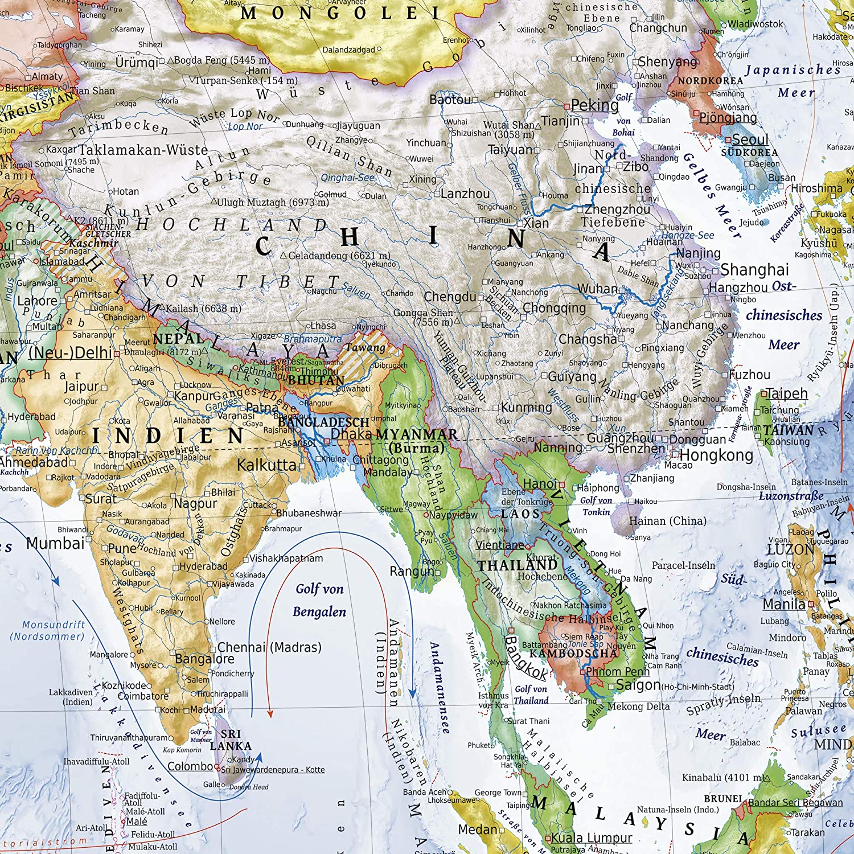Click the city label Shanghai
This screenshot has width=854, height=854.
(x=754, y=270)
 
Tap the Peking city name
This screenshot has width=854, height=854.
(x=594, y=105)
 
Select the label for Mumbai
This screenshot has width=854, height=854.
(x=55, y=544)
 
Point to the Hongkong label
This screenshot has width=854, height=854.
(x=716, y=455)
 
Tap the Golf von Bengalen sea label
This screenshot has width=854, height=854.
(x=319, y=600)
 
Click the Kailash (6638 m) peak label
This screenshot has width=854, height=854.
(x=203, y=309)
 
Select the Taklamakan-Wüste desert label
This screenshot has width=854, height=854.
(x=143, y=150)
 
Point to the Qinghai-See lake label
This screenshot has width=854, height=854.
(x=347, y=178)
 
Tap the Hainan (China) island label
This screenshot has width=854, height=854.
(x=667, y=521)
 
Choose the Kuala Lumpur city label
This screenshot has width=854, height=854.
(x=592, y=838)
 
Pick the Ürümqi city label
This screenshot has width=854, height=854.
(x=137, y=62)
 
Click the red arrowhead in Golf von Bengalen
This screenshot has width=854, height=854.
(x=270, y=713)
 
